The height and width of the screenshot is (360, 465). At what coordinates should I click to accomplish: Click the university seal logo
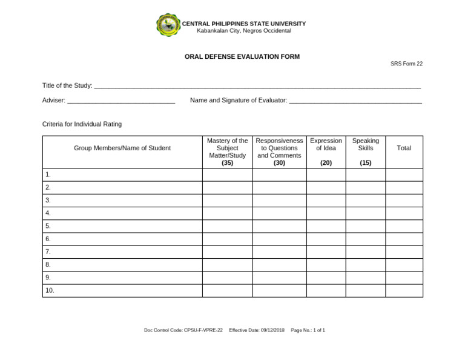(x=168, y=25)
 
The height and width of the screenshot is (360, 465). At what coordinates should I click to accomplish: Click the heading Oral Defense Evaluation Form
(x=242, y=56)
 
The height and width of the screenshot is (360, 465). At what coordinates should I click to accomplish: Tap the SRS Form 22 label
(x=406, y=64)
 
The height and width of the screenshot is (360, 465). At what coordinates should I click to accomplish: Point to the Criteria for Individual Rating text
(x=82, y=124)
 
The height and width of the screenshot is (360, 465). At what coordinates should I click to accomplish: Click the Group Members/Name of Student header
(x=122, y=148)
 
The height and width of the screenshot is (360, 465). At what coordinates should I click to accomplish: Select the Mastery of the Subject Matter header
(x=227, y=148)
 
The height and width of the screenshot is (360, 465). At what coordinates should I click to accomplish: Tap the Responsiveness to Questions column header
(x=279, y=148)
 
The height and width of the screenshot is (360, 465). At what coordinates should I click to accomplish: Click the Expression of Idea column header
(x=326, y=144)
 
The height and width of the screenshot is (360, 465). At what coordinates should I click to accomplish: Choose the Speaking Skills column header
(x=365, y=144)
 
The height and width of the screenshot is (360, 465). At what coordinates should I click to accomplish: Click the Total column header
(x=404, y=148)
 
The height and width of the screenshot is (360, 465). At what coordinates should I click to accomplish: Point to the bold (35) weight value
(x=227, y=163)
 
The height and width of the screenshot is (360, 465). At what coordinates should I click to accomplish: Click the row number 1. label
(x=48, y=175)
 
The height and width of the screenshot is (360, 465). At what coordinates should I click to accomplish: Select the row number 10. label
(x=50, y=290)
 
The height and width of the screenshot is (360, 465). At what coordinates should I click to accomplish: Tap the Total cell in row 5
(x=404, y=226)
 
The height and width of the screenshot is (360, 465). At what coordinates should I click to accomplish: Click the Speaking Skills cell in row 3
(x=365, y=200)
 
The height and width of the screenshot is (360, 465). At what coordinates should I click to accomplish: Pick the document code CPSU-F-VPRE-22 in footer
(x=203, y=330)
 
